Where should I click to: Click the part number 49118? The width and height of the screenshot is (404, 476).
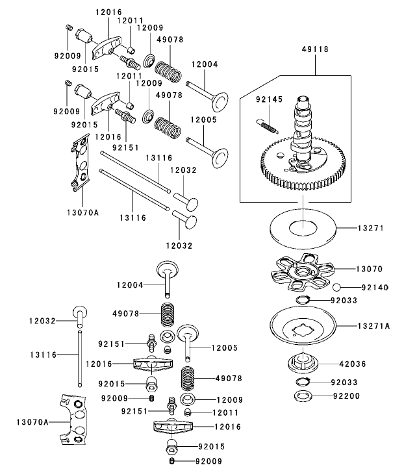click(x=315, y=49)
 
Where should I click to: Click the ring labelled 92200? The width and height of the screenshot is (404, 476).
click(x=302, y=395)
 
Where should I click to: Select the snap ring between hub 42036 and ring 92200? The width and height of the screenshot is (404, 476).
click(x=303, y=382)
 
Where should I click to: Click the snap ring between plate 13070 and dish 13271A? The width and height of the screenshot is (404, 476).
click(x=303, y=299)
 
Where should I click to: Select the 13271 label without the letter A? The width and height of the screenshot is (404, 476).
click(x=372, y=228)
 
